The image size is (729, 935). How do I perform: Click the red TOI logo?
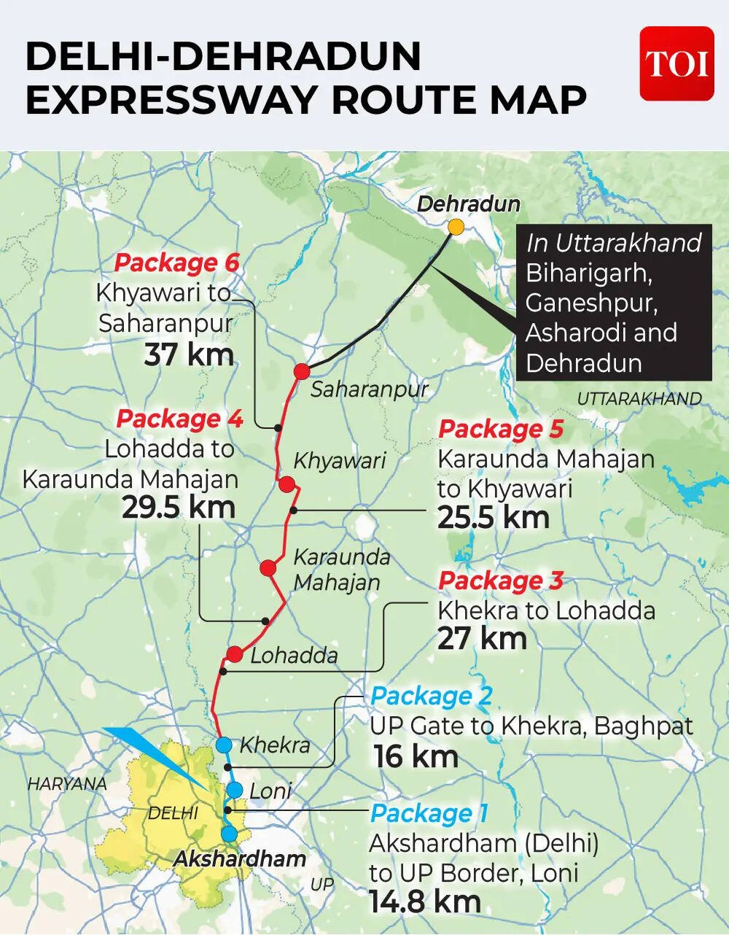pyautogui.click(x=677, y=63)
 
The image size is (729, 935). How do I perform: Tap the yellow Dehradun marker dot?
pyautogui.click(x=456, y=227)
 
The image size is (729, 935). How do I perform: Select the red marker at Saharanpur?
pyautogui.click(x=302, y=371)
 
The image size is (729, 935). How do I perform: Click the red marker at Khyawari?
pyautogui.click(x=286, y=484)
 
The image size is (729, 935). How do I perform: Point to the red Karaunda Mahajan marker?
pyautogui.click(x=268, y=568)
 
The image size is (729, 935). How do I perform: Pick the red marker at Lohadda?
pyautogui.click(x=234, y=654)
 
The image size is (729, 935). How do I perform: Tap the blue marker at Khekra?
pyautogui.click(x=224, y=745)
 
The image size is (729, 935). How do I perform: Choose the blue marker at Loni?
pyautogui.click(x=234, y=790)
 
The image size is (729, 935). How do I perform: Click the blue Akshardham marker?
pyautogui.click(x=229, y=834)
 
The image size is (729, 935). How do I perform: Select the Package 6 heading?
pyautogui.click(x=177, y=263)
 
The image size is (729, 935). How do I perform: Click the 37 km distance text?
pyautogui.click(x=189, y=355)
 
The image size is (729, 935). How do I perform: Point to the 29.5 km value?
pyautogui.click(x=179, y=508)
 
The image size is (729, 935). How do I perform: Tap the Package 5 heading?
pyautogui.click(x=500, y=429)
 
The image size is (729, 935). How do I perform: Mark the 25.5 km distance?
pyautogui.click(x=493, y=517)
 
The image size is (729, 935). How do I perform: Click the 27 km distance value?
pyautogui.click(x=482, y=639)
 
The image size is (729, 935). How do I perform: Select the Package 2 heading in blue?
pyautogui.click(x=431, y=696)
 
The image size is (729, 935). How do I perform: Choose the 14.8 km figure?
pyautogui.click(x=424, y=902)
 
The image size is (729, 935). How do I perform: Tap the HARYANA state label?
pyautogui.click(x=67, y=784)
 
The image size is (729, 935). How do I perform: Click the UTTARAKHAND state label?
pyautogui.click(x=639, y=399)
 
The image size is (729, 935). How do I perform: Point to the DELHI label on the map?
pyautogui.click(x=173, y=812)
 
